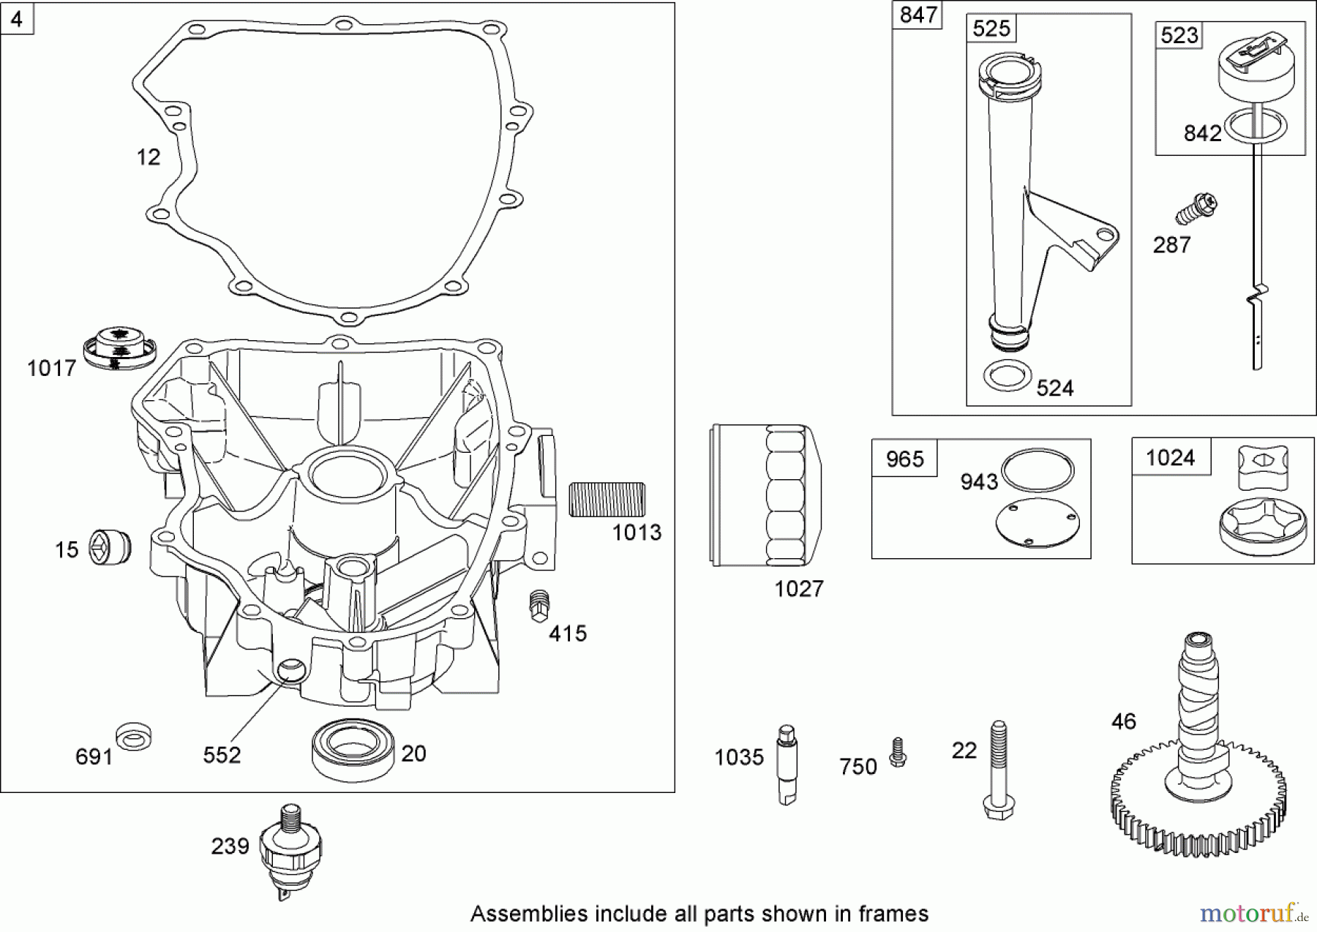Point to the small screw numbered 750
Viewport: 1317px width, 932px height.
click(897, 753)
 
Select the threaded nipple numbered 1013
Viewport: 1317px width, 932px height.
click(607, 500)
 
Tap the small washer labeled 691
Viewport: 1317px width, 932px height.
click(134, 737)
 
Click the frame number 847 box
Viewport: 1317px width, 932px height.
click(918, 15)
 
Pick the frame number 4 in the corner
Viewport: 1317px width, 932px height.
click(17, 18)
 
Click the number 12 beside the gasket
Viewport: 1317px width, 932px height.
click(149, 157)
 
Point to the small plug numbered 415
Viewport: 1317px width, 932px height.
click(539, 606)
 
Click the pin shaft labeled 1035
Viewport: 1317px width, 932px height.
click(787, 764)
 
